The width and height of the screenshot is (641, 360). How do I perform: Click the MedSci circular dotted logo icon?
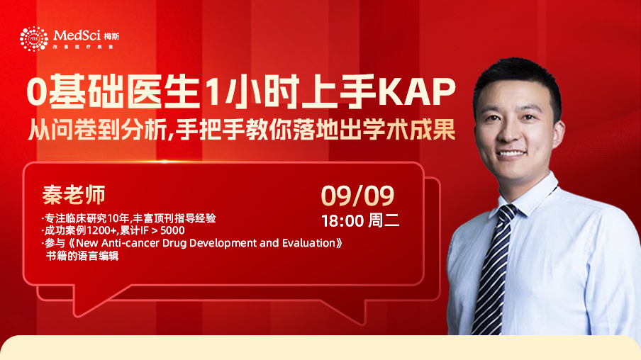34,39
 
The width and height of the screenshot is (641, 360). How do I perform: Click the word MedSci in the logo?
77,35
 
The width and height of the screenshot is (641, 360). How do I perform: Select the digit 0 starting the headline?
37,91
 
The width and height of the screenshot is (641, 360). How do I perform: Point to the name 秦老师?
74,194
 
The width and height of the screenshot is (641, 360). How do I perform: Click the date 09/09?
357,196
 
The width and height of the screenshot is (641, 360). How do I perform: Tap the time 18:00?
342,221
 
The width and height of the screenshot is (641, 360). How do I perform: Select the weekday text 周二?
384,220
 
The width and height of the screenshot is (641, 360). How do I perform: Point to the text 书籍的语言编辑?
82,257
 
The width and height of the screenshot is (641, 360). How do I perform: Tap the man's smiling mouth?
511,154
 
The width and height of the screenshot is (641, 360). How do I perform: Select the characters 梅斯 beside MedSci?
111,36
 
